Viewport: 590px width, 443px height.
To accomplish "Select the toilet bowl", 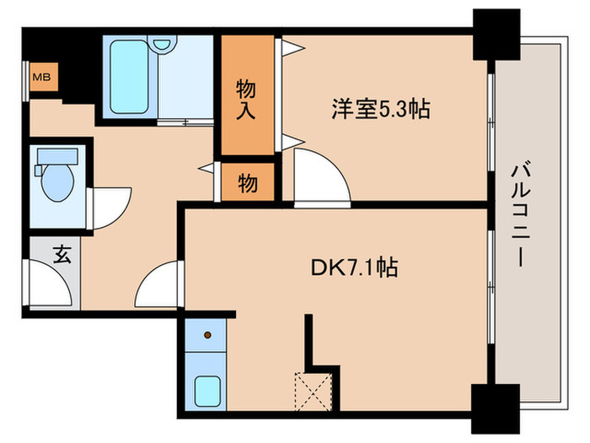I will coord(58,185).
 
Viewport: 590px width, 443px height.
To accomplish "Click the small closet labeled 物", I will coord(247,182).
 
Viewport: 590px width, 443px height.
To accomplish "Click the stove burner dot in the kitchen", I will coord(207,335).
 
